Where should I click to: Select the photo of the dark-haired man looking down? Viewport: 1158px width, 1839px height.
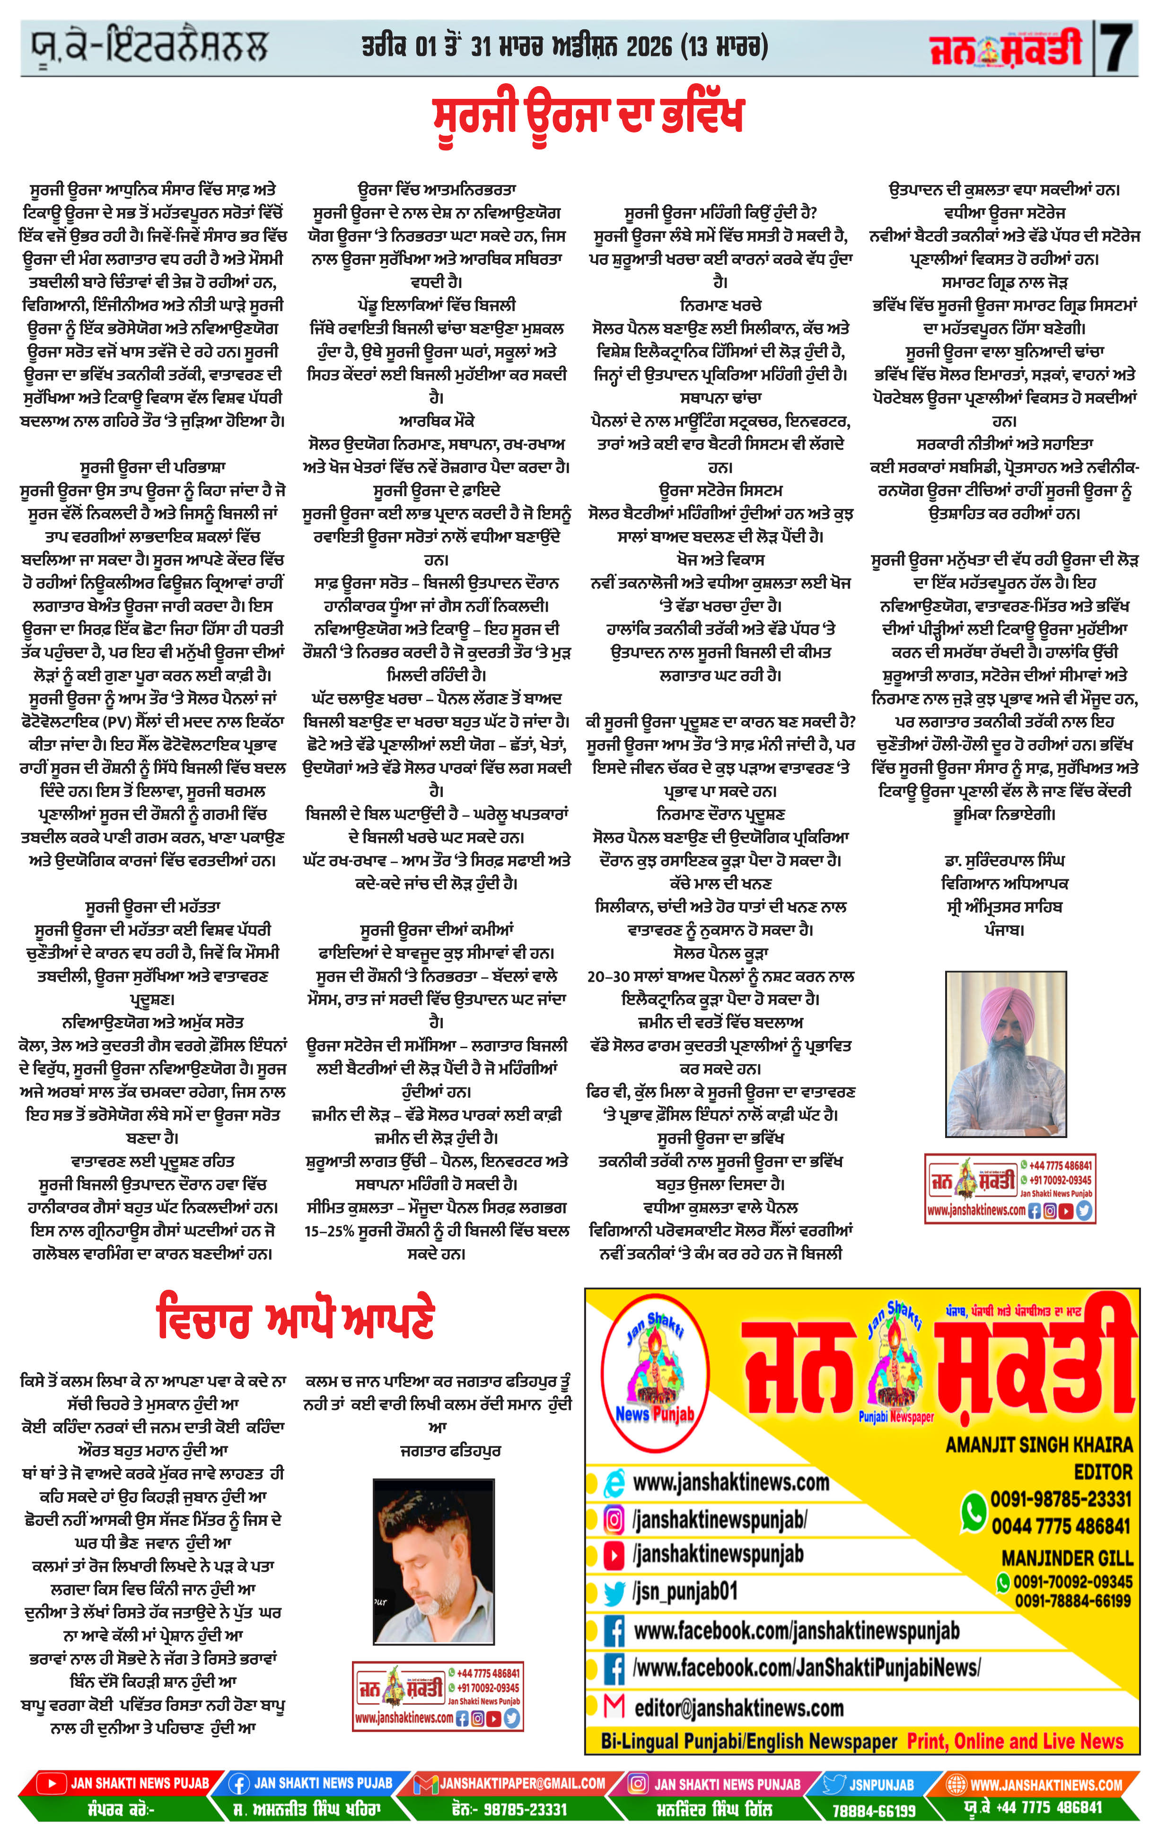click(x=433, y=1561)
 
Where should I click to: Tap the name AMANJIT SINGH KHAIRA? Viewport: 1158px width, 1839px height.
click(x=1039, y=1445)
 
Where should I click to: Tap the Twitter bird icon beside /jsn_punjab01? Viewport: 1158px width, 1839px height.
click(x=614, y=1592)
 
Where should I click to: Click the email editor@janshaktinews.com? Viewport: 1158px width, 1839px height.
click(x=738, y=1707)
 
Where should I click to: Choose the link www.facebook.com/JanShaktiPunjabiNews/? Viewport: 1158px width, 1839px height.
click(x=806, y=1667)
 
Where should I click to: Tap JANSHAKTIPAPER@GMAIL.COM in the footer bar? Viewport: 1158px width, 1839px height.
click(x=522, y=1783)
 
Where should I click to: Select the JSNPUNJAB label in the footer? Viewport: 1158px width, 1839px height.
click(x=881, y=1785)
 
